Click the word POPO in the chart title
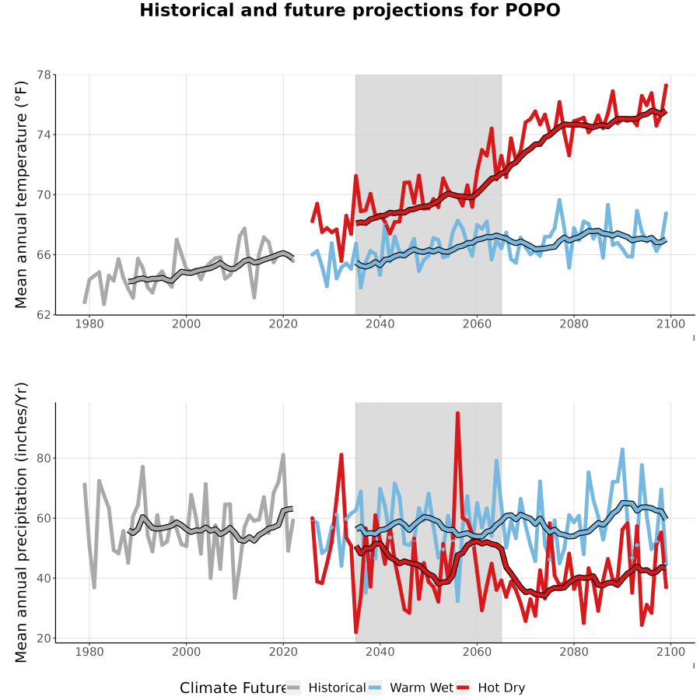click(532, 10)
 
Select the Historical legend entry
click(326, 688)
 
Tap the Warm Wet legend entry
click(411, 688)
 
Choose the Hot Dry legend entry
click(491, 688)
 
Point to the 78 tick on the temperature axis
click(44, 75)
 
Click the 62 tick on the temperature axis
click(44, 315)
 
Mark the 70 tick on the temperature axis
click(44, 194)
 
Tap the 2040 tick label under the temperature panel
click(380, 324)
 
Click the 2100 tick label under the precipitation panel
click(670, 652)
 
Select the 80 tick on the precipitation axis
click(44, 458)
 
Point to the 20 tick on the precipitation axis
click(44, 638)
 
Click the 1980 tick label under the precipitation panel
click(89, 652)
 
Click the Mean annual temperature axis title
click(20, 194)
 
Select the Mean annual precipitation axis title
click(20, 523)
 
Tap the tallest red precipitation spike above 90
click(457, 414)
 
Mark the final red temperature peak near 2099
click(666, 86)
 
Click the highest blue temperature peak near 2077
click(559, 200)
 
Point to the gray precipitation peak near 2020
click(283, 455)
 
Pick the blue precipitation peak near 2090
click(622, 450)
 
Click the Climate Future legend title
click(233, 688)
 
